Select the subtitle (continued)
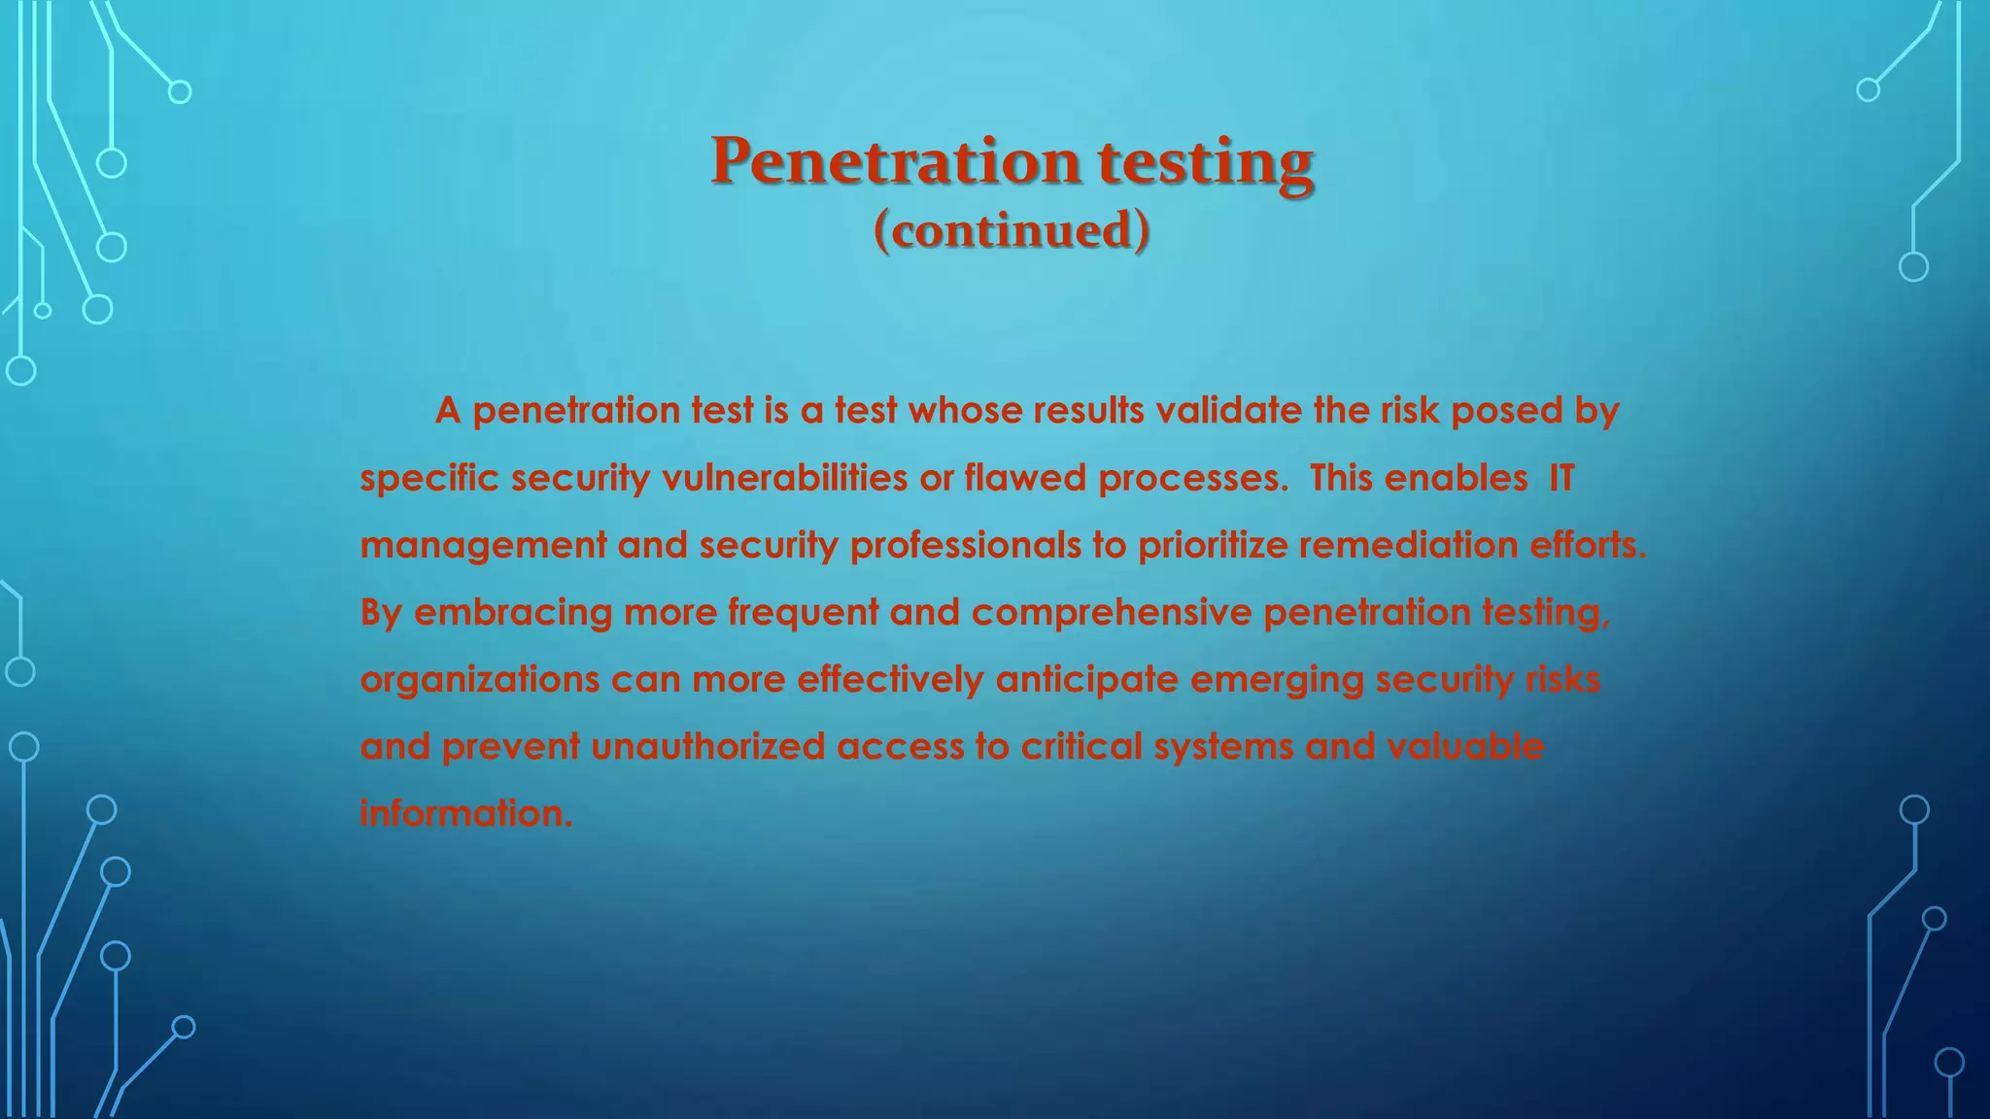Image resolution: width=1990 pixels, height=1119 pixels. click(1012, 231)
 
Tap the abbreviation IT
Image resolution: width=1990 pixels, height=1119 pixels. click(1561, 478)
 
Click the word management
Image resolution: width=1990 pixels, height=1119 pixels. click(483, 546)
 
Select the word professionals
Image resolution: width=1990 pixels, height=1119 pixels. click(965, 546)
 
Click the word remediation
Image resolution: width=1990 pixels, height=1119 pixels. click(1408, 545)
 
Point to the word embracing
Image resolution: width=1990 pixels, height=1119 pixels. click(513, 613)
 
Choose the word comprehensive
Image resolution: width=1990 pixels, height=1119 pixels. click(1112, 613)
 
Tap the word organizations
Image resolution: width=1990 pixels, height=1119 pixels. click(480, 680)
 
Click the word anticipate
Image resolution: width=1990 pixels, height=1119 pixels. click(1087, 680)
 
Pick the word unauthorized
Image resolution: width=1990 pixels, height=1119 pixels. click(707, 746)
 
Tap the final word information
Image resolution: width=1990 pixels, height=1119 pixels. click(465, 813)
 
